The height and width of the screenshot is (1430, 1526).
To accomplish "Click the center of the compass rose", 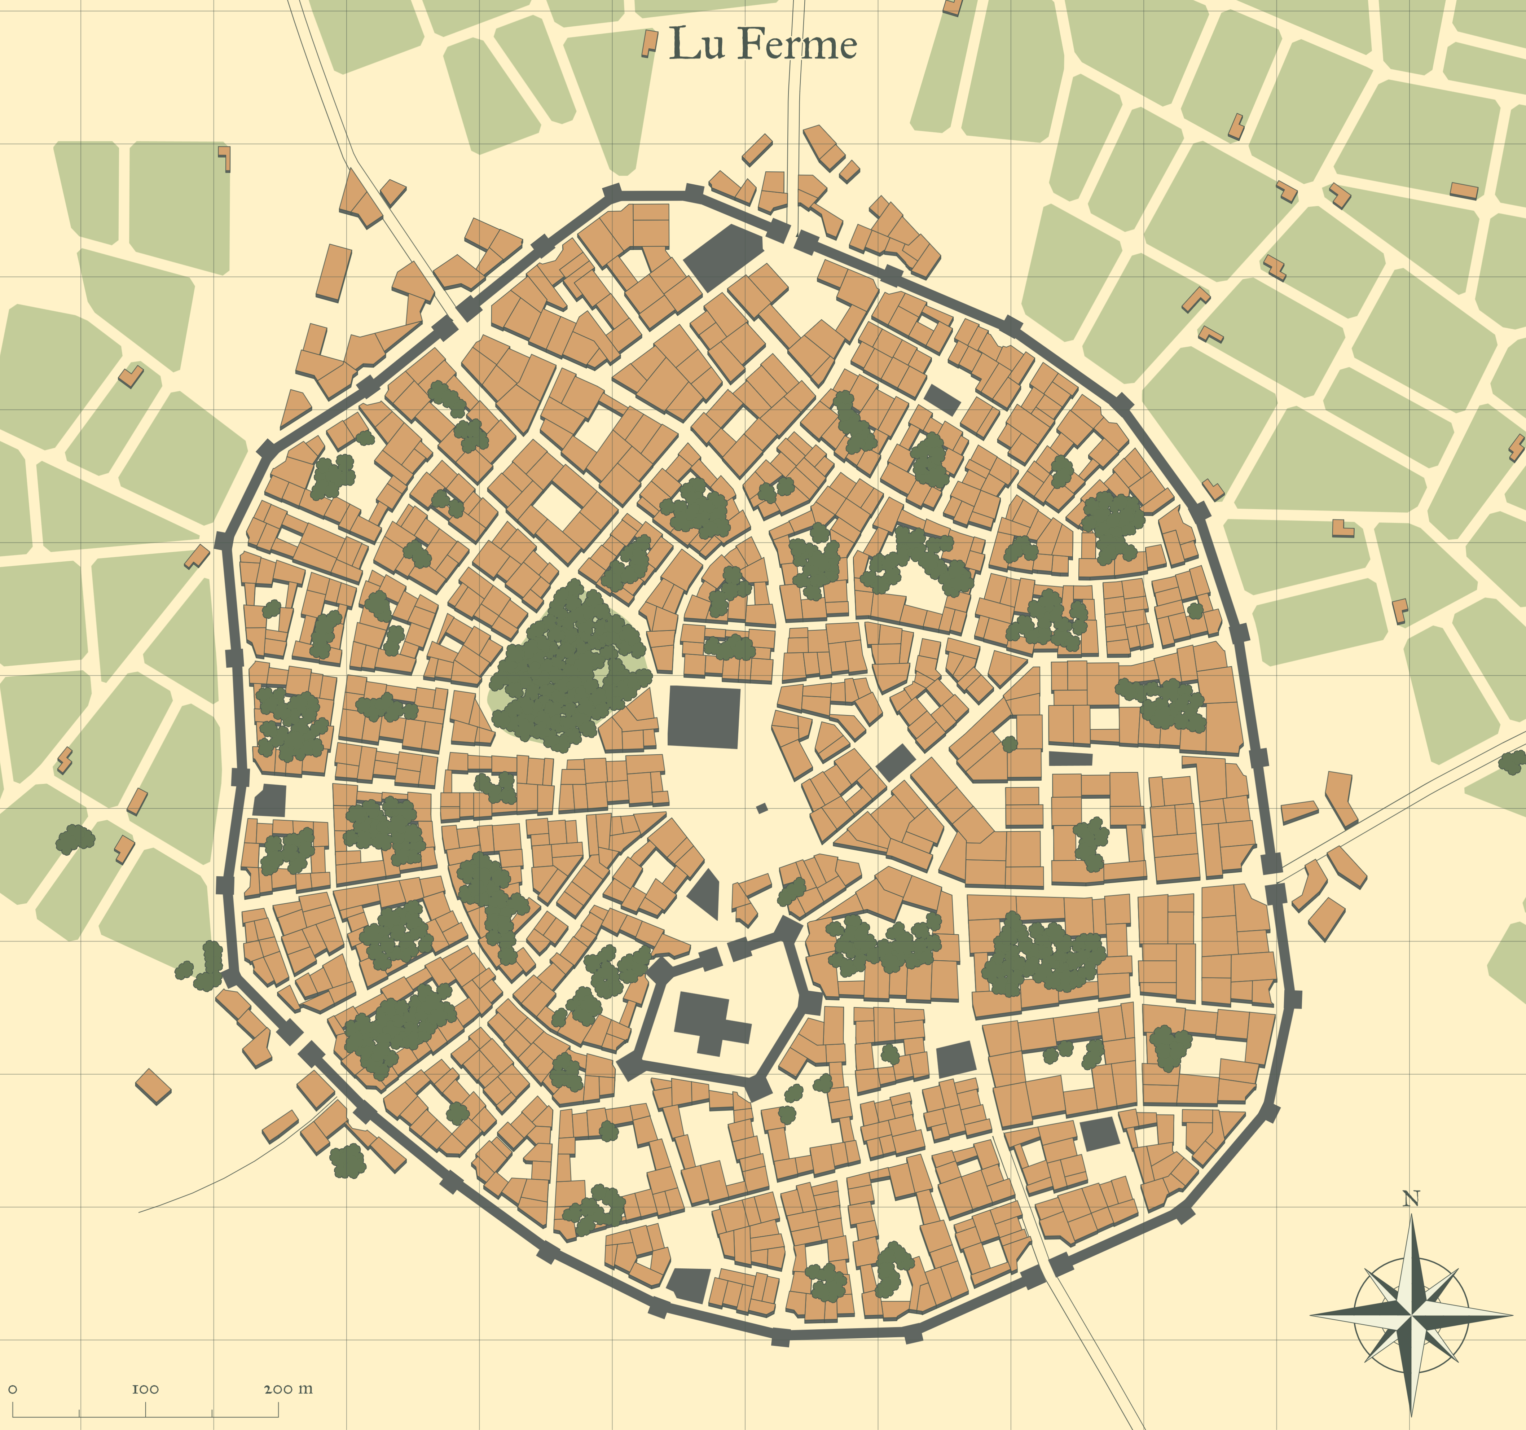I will [1411, 1314].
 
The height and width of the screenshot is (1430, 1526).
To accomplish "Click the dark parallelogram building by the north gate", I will [724, 256].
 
